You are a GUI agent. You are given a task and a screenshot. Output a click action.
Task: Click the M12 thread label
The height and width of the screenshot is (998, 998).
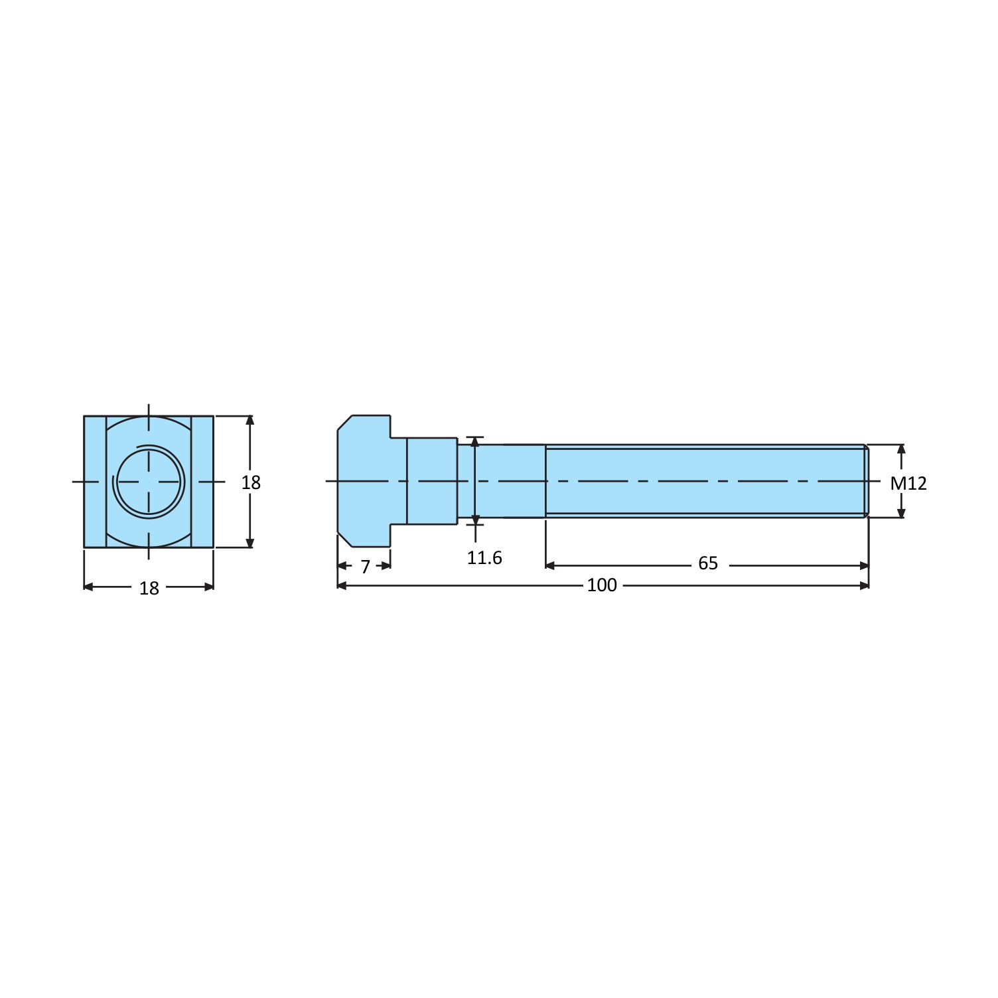coord(908,483)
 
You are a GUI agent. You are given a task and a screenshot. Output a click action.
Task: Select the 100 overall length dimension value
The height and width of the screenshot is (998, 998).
coord(602,585)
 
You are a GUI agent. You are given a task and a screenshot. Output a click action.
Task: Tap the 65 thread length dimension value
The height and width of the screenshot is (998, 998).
coord(708,563)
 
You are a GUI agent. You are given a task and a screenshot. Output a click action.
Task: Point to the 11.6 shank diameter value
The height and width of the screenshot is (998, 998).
coord(484,558)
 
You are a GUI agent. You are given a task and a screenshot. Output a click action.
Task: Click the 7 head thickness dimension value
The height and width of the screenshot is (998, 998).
coord(365,567)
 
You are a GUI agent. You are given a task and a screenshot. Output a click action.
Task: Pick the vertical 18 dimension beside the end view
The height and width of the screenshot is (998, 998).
coord(251,482)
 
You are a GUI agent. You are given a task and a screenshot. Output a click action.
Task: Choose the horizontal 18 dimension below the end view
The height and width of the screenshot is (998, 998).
coord(149,589)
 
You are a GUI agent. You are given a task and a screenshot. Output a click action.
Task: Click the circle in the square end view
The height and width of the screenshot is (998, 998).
coord(149,480)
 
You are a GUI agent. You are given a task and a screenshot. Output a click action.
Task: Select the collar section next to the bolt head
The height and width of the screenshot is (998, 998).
coord(431,481)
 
